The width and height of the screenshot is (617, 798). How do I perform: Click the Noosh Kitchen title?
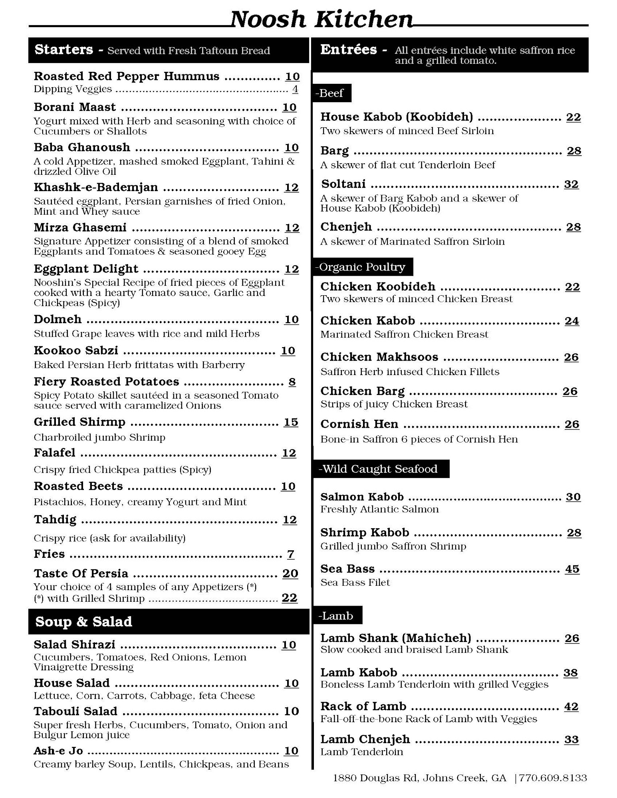click(321, 19)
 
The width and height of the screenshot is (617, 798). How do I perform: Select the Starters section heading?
click(63, 49)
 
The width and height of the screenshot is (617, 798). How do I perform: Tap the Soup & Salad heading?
click(83, 621)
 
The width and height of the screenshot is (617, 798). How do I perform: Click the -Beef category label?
click(329, 93)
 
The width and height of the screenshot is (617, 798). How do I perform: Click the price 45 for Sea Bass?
click(572, 569)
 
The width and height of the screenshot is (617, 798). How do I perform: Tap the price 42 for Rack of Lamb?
click(571, 707)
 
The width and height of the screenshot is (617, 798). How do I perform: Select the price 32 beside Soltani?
click(571, 184)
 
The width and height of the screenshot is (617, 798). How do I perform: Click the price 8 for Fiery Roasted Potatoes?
click(292, 382)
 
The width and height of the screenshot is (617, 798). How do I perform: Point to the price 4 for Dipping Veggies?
click(295, 89)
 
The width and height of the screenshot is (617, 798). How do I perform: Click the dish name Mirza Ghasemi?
click(80, 227)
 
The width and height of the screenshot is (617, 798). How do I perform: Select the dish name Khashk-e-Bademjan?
click(96, 187)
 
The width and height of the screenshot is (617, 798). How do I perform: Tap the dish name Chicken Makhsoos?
click(379, 357)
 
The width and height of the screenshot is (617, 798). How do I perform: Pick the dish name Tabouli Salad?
click(75, 711)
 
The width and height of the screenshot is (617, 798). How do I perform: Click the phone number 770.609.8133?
click(553, 778)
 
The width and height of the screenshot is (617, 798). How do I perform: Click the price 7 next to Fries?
click(291, 554)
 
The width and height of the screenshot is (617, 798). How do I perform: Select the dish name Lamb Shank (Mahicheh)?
click(396, 638)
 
